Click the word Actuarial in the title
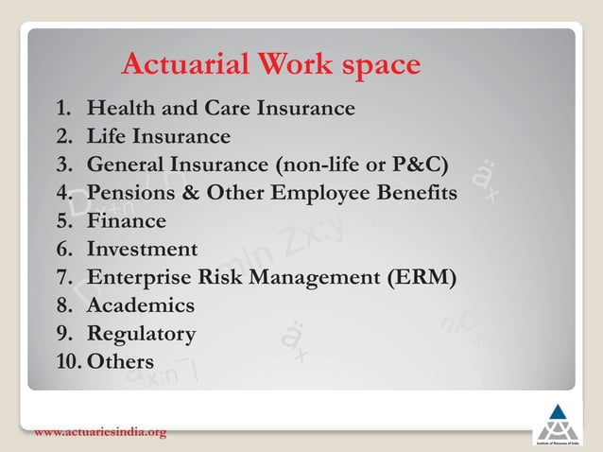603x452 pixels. coord(176,65)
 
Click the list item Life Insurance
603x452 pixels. coord(158,136)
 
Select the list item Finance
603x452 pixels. coord(126,221)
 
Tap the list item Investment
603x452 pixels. coord(142,249)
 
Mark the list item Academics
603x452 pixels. coord(140,305)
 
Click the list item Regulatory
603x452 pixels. coord(141,334)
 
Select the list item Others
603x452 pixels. coord(120,361)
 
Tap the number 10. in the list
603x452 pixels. coord(68,361)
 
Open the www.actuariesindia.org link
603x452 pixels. coord(100,433)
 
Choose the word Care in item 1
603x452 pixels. coord(235,108)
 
